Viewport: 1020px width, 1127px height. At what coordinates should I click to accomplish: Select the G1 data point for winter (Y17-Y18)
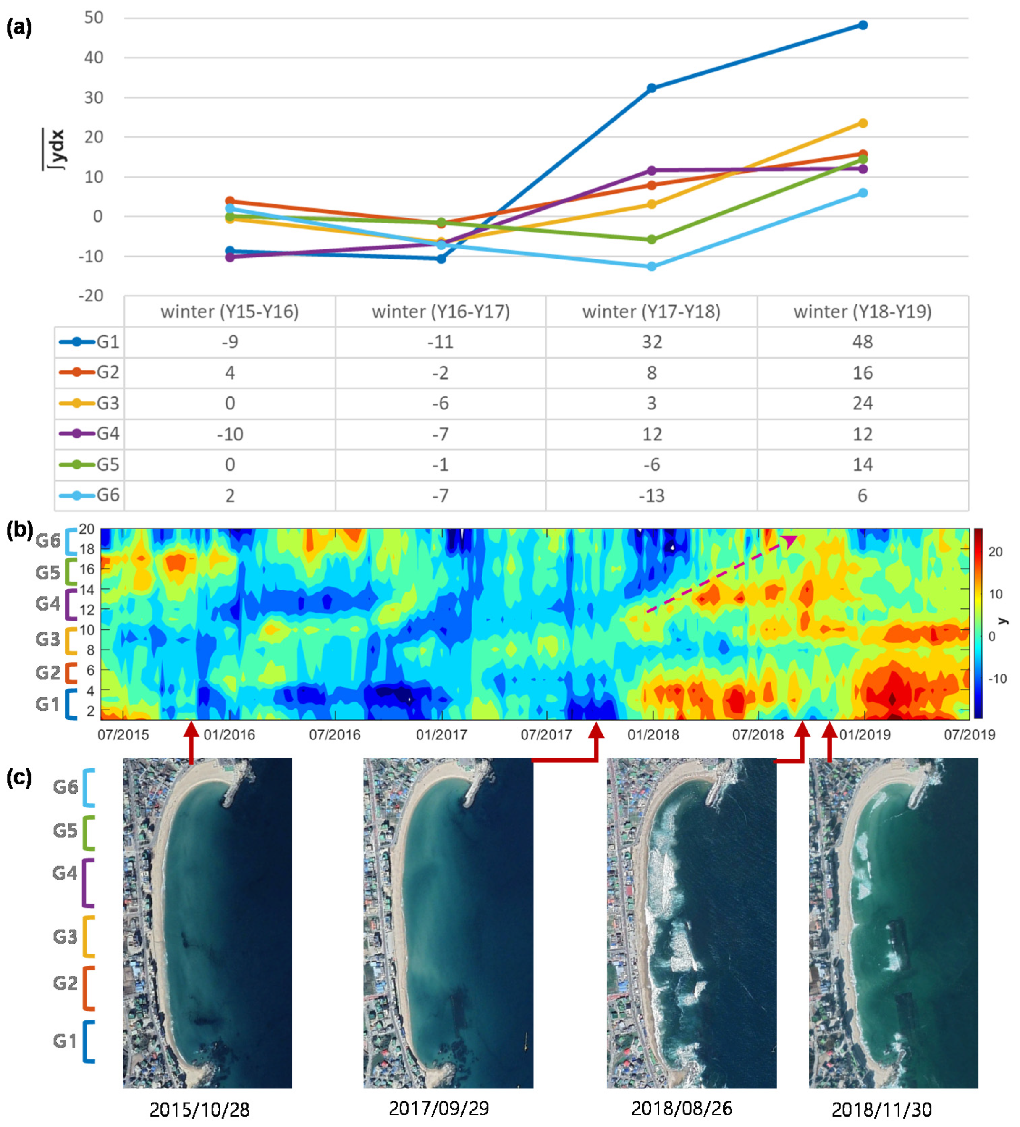point(651,88)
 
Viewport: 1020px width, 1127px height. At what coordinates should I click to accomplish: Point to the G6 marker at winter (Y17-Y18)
point(651,267)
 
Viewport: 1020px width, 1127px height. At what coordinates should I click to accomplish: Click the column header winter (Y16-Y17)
point(441,312)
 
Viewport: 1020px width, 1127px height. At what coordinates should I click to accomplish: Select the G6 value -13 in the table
point(651,495)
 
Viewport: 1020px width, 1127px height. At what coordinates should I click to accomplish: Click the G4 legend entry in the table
point(89,434)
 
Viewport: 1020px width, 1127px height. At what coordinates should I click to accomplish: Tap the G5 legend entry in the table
point(89,464)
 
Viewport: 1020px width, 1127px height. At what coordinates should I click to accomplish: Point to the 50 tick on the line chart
point(94,18)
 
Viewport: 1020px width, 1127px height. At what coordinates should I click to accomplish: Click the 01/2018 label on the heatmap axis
point(653,734)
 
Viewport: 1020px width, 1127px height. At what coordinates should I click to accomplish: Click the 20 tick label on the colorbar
point(995,552)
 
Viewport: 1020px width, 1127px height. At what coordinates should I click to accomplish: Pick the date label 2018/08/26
point(681,1108)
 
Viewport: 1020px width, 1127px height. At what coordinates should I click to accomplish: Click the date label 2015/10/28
point(199,1109)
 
